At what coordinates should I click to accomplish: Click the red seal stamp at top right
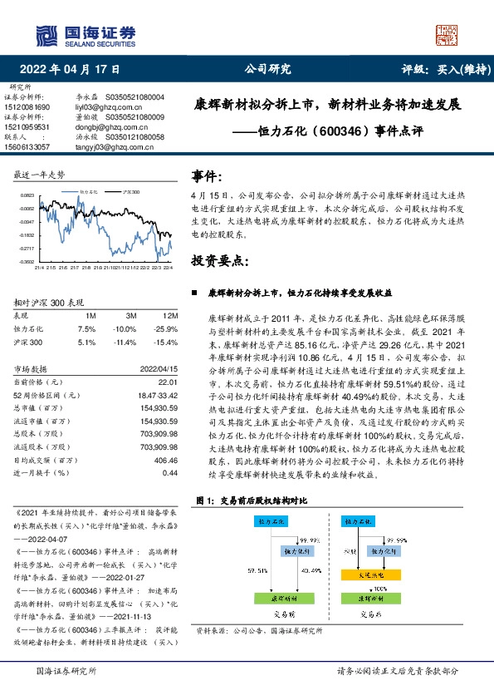pyautogui.click(x=446, y=34)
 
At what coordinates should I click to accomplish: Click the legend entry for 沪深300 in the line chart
pyautogui.click(x=129, y=190)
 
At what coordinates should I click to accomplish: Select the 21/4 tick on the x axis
pyautogui.click(x=38, y=268)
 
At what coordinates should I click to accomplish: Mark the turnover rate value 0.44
pyautogui.click(x=170, y=473)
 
